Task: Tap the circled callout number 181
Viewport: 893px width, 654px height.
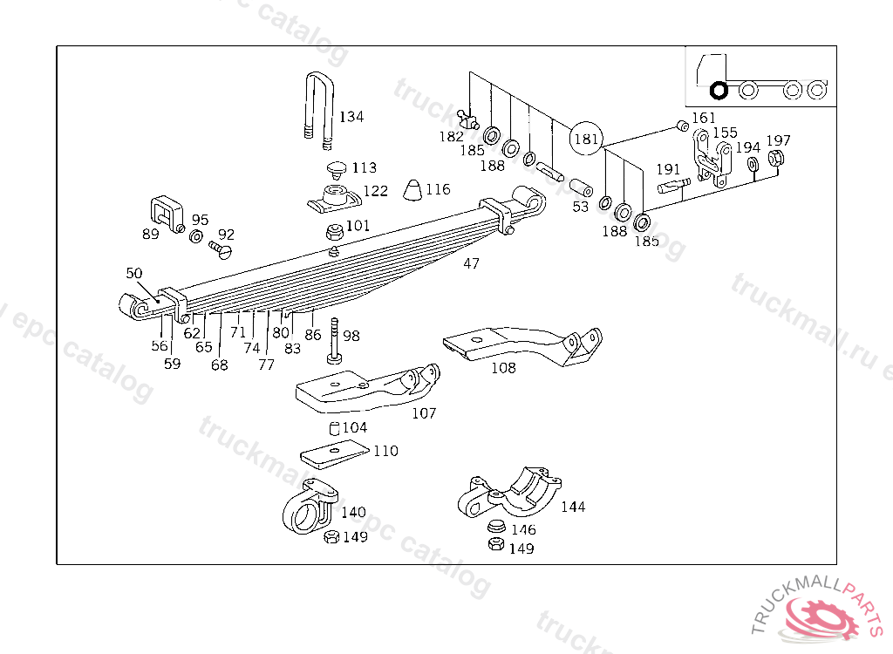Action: (x=587, y=138)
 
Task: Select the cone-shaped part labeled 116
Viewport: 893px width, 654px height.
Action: (x=413, y=189)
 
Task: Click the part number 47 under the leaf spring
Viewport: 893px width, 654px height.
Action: (x=471, y=263)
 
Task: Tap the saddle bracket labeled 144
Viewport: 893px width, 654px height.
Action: (x=510, y=495)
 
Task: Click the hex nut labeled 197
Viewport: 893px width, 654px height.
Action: (x=777, y=160)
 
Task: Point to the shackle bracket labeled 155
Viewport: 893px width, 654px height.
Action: (x=711, y=159)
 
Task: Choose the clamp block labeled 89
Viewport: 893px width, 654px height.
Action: (x=164, y=215)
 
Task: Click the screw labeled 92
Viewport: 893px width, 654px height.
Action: (x=222, y=250)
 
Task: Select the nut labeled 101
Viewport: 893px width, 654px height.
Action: (x=333, y=233)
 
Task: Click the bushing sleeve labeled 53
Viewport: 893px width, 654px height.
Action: (x=581, y=187)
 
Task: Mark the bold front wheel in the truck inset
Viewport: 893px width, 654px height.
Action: (x=719, y=89)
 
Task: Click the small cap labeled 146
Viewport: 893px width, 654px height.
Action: (x=496, y=527)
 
